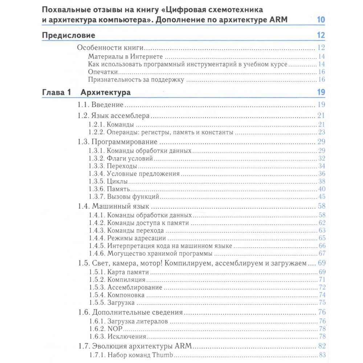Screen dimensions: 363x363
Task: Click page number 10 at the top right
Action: coord(321,20)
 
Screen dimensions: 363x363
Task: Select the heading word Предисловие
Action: coord(69,36)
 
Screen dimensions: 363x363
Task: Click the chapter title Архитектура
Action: coord(106,92)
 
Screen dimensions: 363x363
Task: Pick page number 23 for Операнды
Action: coord(322,132)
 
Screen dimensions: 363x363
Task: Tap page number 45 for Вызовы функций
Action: coord(322,197)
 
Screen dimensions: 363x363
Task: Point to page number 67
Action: coord(322,253)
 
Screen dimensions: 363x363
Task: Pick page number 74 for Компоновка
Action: coord(322,295)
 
